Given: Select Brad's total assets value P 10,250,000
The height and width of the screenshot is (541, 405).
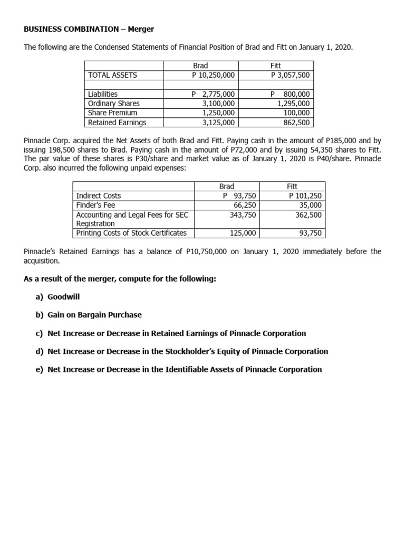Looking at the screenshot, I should (x=213, y=75).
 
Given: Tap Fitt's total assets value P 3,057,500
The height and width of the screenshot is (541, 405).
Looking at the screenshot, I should (x=290, y=75).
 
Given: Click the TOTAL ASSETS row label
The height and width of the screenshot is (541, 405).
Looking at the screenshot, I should (x=112, y=75).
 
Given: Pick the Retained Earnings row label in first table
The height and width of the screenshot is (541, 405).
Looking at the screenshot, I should (x=117, y=123).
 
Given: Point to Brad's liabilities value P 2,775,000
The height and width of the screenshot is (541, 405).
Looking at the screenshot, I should (x=213, y=94).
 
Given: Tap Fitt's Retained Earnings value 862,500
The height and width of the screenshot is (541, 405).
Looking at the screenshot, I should (x=297, y=123).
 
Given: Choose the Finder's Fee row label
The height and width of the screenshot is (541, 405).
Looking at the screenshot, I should (x=95, y=205).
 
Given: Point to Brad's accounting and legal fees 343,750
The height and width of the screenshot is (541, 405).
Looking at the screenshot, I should (x=243, y=214).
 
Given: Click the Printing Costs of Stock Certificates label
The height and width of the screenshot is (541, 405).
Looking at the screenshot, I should (x=131, y=233).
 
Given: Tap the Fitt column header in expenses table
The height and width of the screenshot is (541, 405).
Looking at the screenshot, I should (x=292, y=186).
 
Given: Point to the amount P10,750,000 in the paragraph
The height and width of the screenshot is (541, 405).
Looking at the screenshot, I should (x=207, y=251).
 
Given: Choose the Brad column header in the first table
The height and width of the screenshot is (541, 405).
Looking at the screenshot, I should (x=200, y=66).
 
